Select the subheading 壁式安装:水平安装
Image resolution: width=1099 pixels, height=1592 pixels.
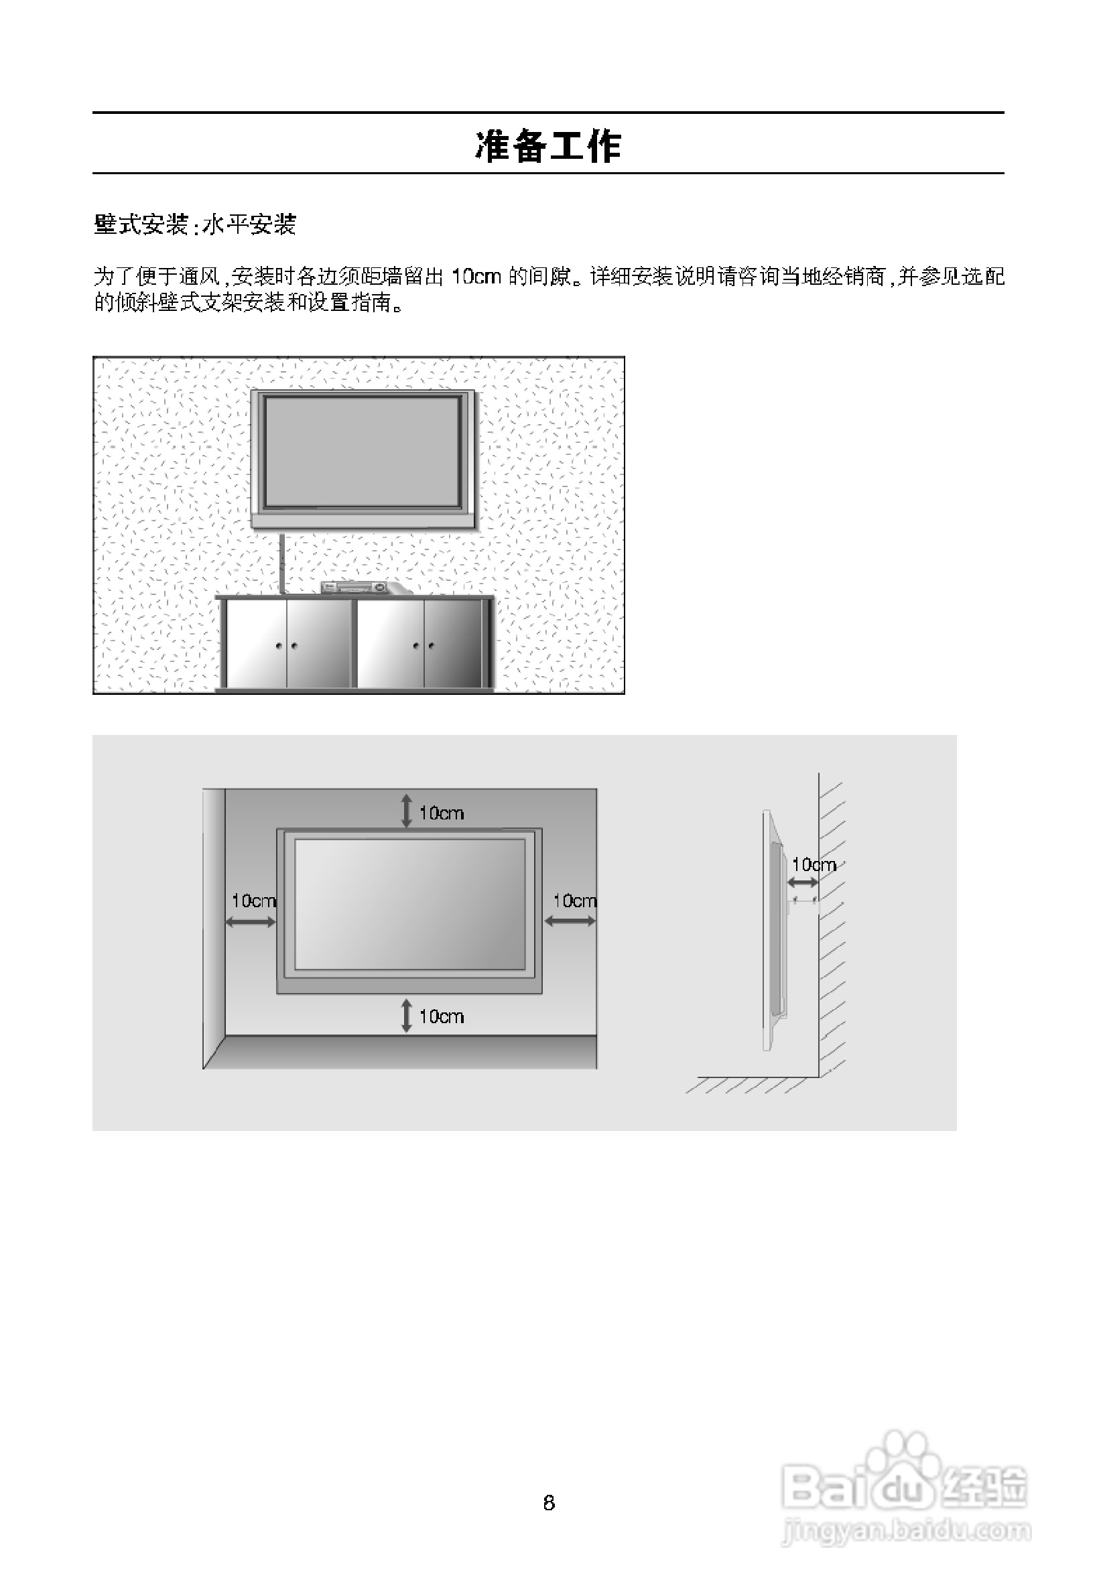[x=195, y=224]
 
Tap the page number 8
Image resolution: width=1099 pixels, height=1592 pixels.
[x=549, y=1502]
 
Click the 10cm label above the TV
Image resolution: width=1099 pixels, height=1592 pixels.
[x=442, y=813]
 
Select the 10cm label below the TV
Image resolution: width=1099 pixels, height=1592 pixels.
[x=442, y=1016]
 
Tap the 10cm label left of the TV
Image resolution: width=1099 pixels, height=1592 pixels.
[x=253, y=900]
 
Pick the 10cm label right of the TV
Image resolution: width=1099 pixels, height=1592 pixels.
[x=574, y=900]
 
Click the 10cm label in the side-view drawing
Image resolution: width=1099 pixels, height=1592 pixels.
[x=814, y=864]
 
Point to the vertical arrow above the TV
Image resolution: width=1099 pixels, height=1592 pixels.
[x=406, y=811]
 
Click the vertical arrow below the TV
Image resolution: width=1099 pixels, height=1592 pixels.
[x=406, y=1016]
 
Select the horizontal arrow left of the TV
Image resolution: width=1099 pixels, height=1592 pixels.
[x=251, y=921]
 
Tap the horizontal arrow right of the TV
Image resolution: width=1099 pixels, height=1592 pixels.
[x=570, y=921]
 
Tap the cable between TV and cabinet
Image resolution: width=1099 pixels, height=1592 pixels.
[x=283, y=561]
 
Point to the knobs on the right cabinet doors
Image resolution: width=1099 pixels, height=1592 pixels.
[x=423, y=646]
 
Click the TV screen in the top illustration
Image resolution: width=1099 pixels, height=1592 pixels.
[x=363, y=452]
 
